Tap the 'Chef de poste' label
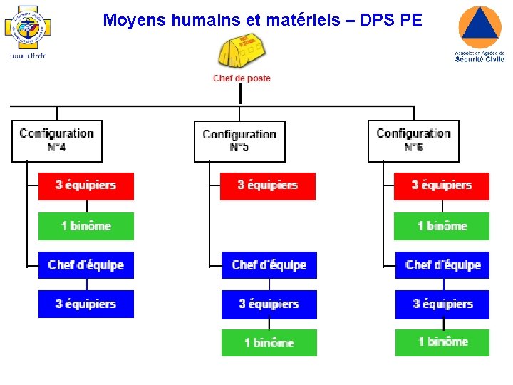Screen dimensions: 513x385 click(242, 78)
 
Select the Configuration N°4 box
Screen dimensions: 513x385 click(57, 140)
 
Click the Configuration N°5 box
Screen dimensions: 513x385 click(239, 141)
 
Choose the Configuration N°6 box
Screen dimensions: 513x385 click(413, 140)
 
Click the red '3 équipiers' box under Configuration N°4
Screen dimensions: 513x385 click(86, 185)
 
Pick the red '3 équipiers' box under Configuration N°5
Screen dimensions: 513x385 click(268, 185)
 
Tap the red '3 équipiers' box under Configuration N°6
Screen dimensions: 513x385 click(442, 185)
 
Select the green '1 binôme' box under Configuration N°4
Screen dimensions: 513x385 click(86, 226)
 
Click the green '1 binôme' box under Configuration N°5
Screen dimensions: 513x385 click(269, 342)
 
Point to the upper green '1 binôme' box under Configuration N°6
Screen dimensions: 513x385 click(442, 226)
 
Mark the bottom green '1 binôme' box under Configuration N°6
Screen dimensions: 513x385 click(442, 342)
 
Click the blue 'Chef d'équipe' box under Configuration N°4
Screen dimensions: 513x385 click(86, 265)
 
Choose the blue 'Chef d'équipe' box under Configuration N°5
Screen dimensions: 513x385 click(269, 265)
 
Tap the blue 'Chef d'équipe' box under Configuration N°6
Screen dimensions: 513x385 click(442, 265)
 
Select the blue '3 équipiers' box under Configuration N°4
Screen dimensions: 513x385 click(86, 304)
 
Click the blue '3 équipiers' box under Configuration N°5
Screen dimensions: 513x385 click(269, 304)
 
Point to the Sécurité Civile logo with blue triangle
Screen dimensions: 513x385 click(480, 33)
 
